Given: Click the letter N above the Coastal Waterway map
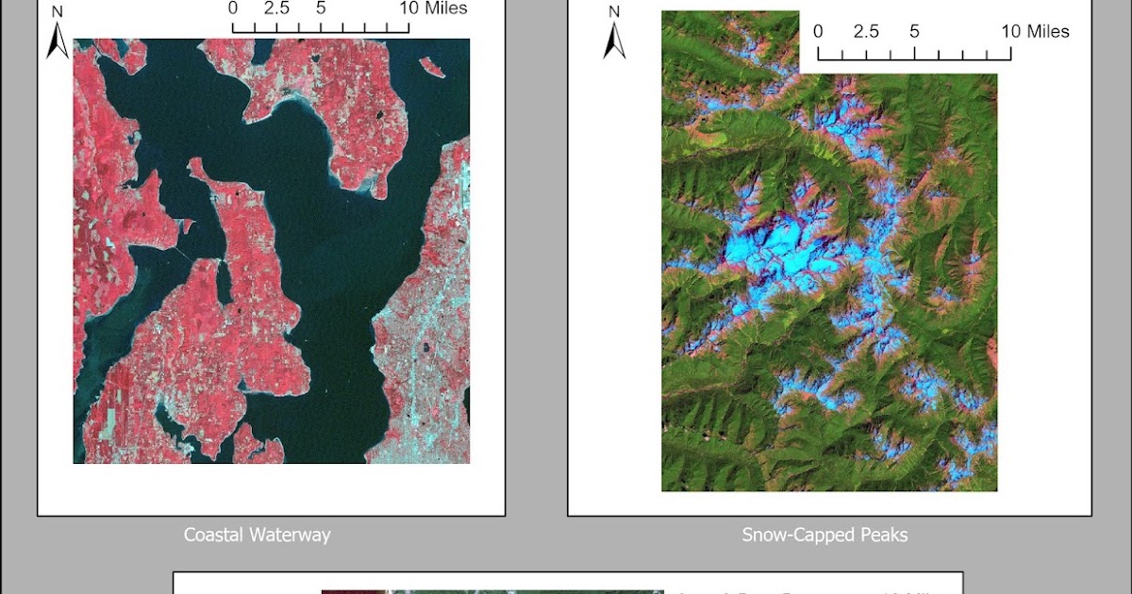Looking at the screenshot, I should (x=58, y=12).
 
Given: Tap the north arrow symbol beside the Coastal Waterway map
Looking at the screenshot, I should (x=58, y=41).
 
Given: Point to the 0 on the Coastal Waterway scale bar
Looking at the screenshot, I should (x=233, y=8).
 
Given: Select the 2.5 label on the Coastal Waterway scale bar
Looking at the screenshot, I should (x=275, y=8).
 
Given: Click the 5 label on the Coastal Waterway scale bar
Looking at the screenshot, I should (x=322, y=8).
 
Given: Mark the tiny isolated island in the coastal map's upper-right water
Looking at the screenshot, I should (x=432, y=67).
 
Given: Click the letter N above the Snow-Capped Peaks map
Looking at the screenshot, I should (x=614, y=12).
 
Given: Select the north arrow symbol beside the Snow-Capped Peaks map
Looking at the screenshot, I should (x=614, y=41).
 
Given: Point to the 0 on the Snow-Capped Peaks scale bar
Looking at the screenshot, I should (x=818, y=31).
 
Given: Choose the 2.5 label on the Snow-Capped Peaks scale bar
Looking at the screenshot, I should (x=866, y=31).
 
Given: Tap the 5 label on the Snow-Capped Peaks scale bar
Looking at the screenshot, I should (x=914, y=31).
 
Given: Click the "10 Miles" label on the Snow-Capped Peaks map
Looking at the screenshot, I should (x=1035, y=31).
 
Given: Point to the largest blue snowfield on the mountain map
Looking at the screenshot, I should (x=774, y=250).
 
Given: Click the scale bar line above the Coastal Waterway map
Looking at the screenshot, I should (x=321, y=28).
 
